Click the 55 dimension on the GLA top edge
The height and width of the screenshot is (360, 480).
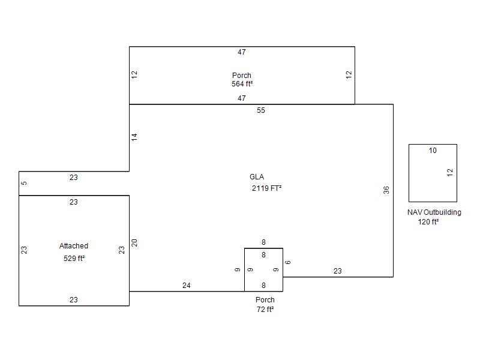(x=261, y=110)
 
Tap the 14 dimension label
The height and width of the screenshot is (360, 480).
(x=134, y=137)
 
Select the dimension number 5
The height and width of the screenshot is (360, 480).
(x=24, y=183)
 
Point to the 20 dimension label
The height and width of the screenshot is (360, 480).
(x=134, y=243)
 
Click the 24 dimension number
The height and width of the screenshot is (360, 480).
(x=187, y=286)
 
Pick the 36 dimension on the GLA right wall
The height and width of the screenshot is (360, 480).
(x=386, y=190)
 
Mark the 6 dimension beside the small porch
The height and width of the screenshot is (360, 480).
(x=288, y=262)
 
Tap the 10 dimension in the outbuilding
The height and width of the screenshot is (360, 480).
(x=433, y=151)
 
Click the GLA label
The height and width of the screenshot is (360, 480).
(x=257, y=177)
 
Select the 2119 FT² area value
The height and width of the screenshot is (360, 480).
(x=266, y=188)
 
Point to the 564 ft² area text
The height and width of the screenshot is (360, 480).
(x=242, y=84)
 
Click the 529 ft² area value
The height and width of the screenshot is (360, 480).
(x=74, y=259)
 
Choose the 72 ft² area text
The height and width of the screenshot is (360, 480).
(x=265, y=310)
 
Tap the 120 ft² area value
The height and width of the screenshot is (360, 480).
(x=428, y=221)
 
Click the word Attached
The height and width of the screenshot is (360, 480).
(x=74, y=246)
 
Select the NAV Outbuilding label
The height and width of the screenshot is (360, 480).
(x=434, y=212)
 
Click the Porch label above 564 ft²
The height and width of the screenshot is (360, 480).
(x=242, y=76)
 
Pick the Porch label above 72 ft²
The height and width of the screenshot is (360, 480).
(x=265, y=299)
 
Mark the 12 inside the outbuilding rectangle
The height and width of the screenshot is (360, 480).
(x=449, y=173)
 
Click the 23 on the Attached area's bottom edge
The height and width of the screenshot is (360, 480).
(x=73, y=299)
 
